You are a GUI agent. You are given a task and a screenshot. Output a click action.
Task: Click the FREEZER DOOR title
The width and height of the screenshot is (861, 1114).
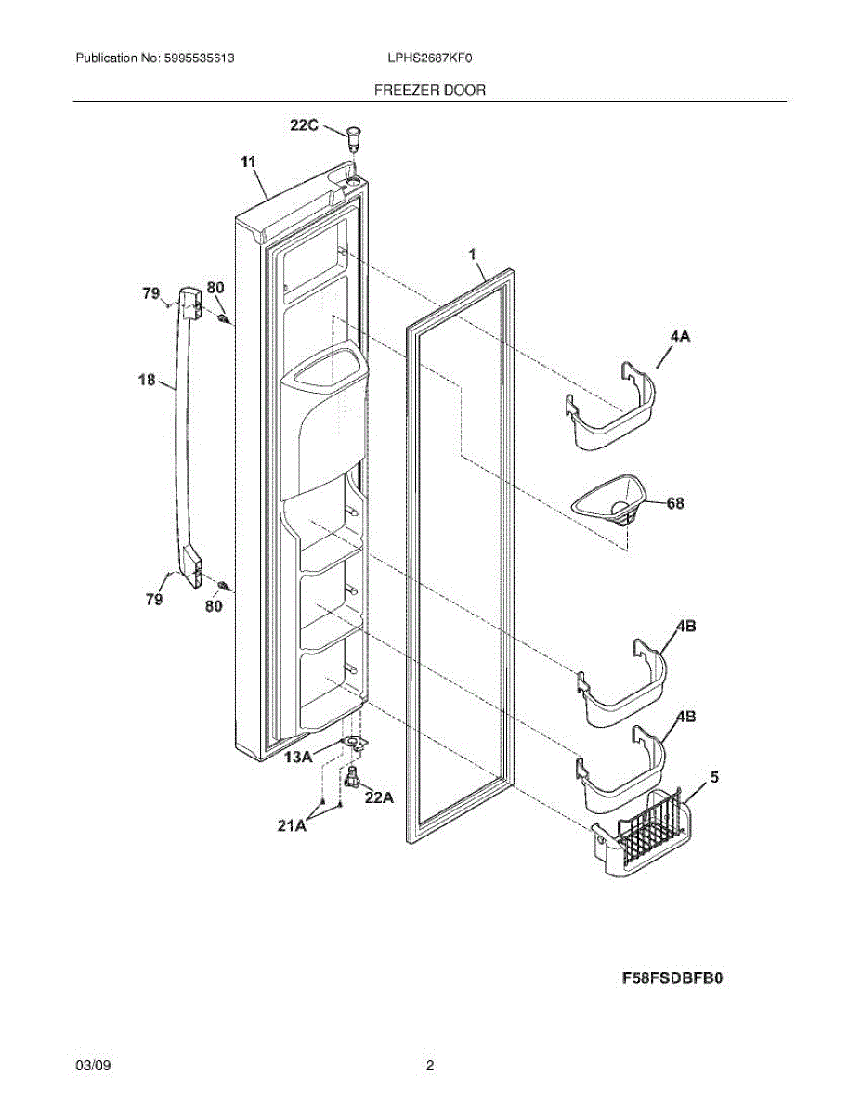(429, 90)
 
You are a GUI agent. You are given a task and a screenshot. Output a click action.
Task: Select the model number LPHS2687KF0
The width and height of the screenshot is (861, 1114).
(430, 58)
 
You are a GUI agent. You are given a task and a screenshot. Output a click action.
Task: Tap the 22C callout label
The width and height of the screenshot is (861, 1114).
(304, 124)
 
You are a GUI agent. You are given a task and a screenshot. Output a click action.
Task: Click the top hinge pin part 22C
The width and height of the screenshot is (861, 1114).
(353, 138)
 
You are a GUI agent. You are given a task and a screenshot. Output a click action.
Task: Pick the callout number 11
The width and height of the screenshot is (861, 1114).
(248, 162)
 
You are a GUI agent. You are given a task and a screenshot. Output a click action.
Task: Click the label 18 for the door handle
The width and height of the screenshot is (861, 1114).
(147, 379)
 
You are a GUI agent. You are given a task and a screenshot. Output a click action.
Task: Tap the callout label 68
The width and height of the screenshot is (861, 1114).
(675, 502)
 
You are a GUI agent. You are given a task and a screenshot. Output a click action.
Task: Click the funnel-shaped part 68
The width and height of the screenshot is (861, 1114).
(609, 502)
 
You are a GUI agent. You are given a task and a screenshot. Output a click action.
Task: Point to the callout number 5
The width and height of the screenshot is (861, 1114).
(714, 776)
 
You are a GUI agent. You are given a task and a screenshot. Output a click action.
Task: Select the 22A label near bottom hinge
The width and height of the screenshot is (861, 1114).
(379, 796)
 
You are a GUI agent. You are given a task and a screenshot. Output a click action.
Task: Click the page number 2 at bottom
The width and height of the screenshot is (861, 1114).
(430, 1066)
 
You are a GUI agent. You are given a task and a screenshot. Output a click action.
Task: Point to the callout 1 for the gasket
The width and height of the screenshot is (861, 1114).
(472, 253)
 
